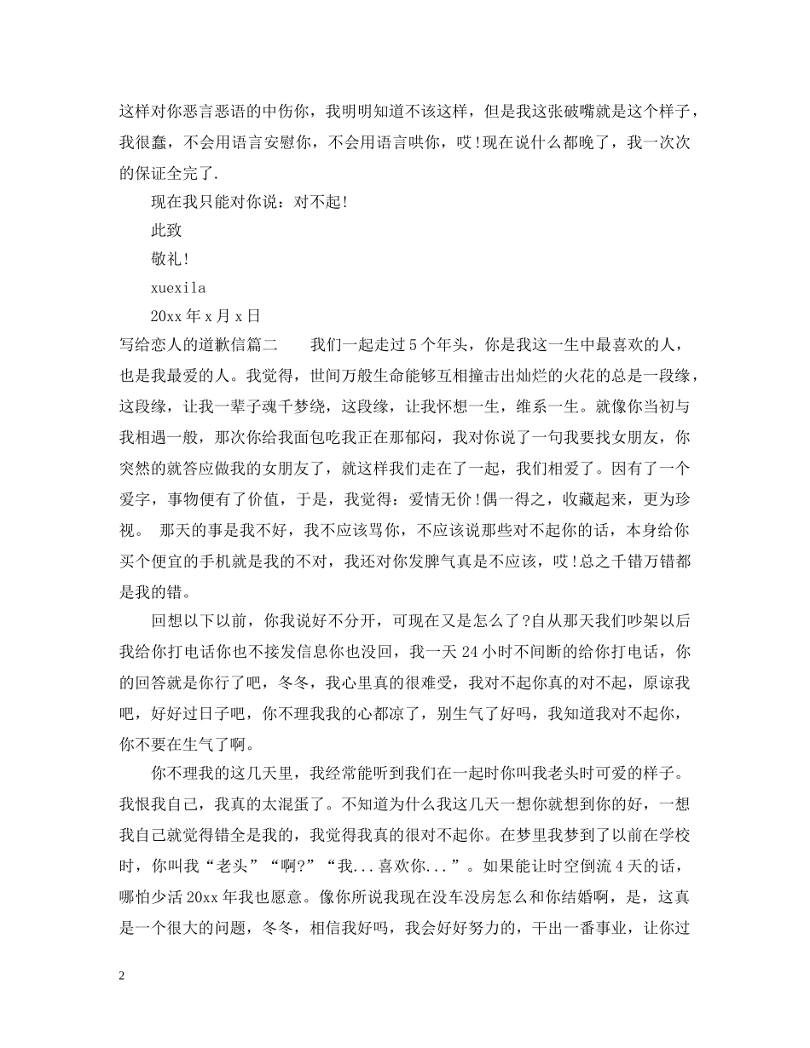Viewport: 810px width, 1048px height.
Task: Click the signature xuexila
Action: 178,288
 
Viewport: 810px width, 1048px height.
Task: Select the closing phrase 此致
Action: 166,230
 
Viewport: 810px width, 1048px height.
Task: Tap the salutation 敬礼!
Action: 170,259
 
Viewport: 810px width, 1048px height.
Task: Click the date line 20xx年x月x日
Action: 205,317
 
